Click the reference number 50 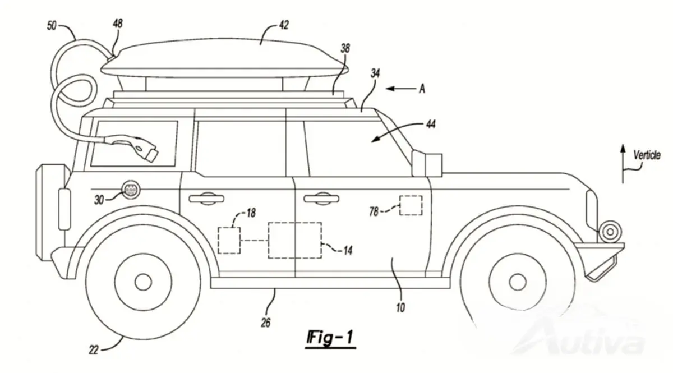click(52, 26)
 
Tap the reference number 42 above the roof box click(284, 25)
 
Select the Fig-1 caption click(330, 338)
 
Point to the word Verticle click(647, 155)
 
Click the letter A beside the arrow click(422, 89)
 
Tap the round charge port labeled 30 click(130, 190)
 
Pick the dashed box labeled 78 click(411, 206)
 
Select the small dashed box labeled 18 click(229, 241)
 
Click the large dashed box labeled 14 click(295, 241)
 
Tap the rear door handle click(206, 199)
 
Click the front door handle click(321, 199)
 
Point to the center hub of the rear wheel click(143, 282)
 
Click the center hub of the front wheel click(517, 282)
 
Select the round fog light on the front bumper click(610, 232)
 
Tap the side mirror click(427, 163)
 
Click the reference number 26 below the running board click(266, 323)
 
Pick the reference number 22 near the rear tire click(94, 350)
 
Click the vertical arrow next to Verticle click(623, 164)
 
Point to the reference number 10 click(400, 307)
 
